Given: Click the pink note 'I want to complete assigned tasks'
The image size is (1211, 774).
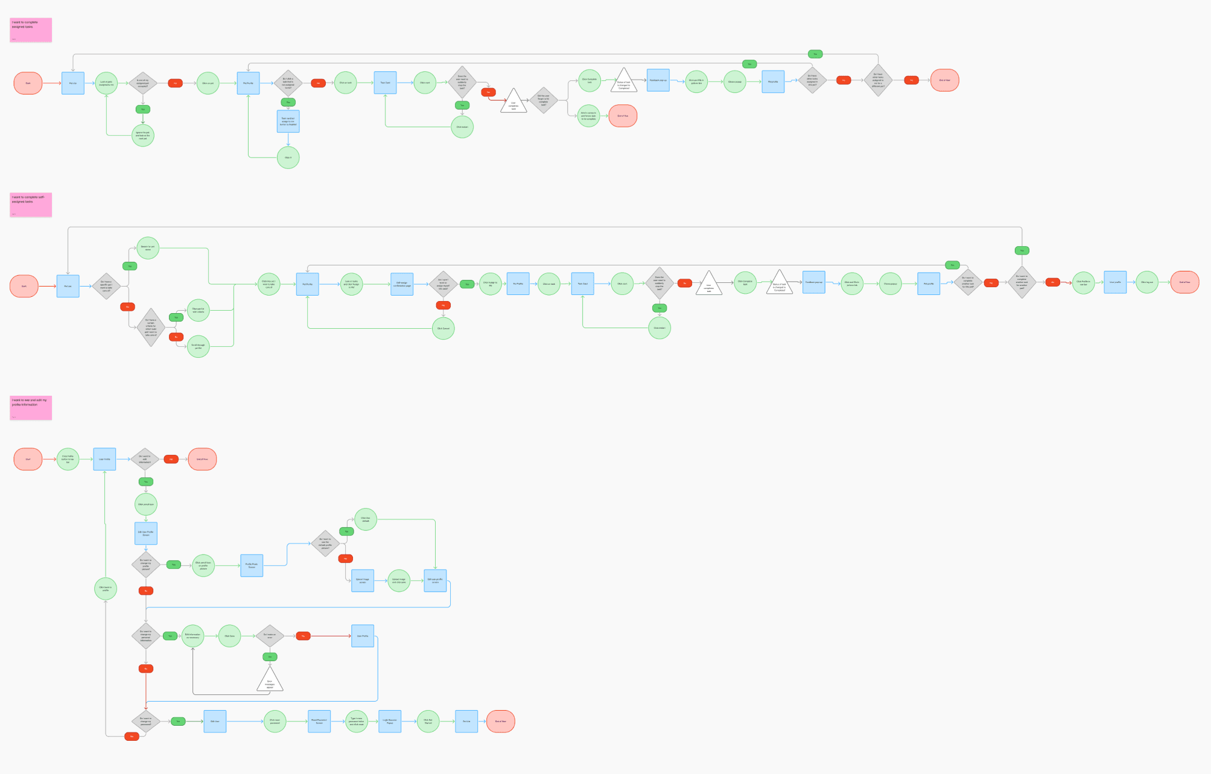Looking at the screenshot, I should pyautogui.click(x=31, y=30).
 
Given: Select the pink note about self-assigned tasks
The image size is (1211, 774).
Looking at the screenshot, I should pyautogui.click(x=31, y=205).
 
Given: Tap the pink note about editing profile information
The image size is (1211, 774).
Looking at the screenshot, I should pyautogui.click(x=31, y=408).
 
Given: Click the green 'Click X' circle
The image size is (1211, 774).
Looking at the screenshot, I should pyautogui.click(x=288, y=157).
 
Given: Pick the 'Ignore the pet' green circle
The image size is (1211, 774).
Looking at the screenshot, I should pyautogui.click(x=143, y=135).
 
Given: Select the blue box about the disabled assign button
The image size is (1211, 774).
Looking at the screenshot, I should pyautogui.click(x=288, y=121).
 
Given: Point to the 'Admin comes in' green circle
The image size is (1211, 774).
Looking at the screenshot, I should pyautogui.click(x=588, y=116).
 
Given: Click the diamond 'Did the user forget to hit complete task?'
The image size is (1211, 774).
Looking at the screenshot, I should pyautogui.click(x=544, y=100).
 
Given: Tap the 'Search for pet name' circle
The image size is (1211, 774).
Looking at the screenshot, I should pyautogui.click(x=148, y=247).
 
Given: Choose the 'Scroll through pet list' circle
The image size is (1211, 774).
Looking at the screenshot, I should pyautogui.click(x=199, y=346).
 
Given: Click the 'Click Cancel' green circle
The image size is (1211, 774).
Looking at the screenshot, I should pyautogui.click(x=443, y=329).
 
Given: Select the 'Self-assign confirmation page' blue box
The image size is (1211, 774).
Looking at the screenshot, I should pyautogui.click(x=402, y=284).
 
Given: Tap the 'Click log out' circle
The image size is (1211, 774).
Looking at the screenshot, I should pyautogui.click(x=1147, y=282).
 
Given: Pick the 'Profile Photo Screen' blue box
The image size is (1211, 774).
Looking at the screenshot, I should pyautogui.click(x=252, y=566).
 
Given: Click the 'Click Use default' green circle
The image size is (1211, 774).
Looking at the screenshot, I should pyautogui.click(x=366, y=519).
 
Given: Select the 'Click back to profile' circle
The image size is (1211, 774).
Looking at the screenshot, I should pyautogui.click(x=106, y=588).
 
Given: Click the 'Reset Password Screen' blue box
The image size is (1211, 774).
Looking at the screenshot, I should pyautogui.click(x=319, y=721).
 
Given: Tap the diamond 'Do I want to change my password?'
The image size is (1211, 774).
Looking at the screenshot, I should pyautogui.click(x=146, y=721).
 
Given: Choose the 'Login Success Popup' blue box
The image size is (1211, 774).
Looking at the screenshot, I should pyautogui.click(x=390, y=721).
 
